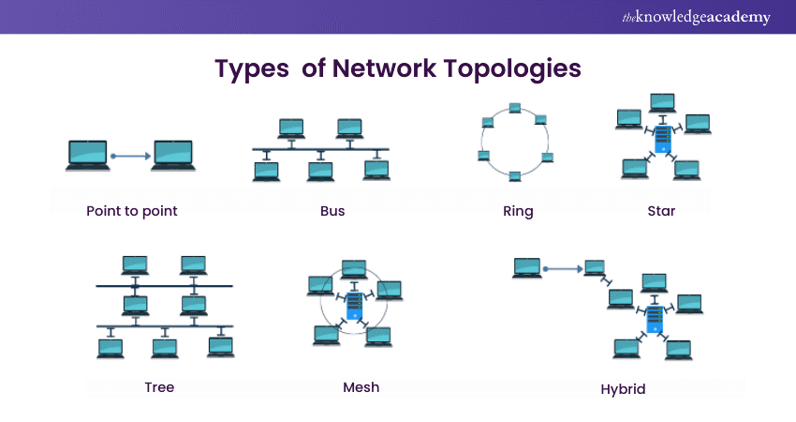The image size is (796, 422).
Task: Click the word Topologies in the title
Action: [x=518, y=68]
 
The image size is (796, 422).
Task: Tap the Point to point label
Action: [x=131, y=211]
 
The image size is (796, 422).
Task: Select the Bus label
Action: [x=332, y=211]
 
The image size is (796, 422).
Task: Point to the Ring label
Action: [x=518, y=211]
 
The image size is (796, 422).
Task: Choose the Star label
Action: [x=661, y=211]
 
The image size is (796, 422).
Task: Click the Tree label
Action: [x=159, y=386]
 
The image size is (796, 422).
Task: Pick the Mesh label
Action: [x=361, y=386]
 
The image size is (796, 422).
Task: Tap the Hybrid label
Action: [x=624, y=388]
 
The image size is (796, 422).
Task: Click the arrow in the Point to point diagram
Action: [x=130, y=156]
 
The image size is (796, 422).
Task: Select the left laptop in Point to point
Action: [x=88, y=155]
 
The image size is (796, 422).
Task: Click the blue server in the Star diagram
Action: [x=663, y=138]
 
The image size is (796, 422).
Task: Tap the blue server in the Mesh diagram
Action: [x=354, y=307]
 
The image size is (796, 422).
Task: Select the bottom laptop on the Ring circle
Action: [x=515, y=175]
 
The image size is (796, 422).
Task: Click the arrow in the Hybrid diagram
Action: [x=563, y=268]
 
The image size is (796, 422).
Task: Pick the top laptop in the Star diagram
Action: [x=662, y=100]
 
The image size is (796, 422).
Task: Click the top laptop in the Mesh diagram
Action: [x=354, y=269]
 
